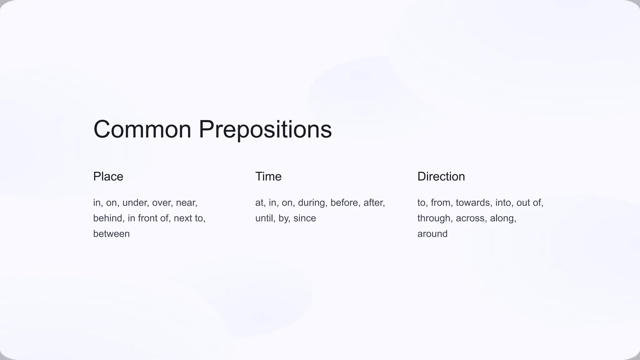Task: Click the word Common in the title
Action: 142,129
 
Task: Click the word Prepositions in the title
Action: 265,129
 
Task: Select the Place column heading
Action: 108,177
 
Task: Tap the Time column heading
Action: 268,177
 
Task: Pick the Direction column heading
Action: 441,177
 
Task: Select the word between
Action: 111,234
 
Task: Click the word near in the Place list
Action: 186,203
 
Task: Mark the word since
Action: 304,218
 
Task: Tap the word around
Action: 432,234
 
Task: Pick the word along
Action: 502,218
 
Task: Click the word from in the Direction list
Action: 442,203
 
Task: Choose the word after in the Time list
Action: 374,203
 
